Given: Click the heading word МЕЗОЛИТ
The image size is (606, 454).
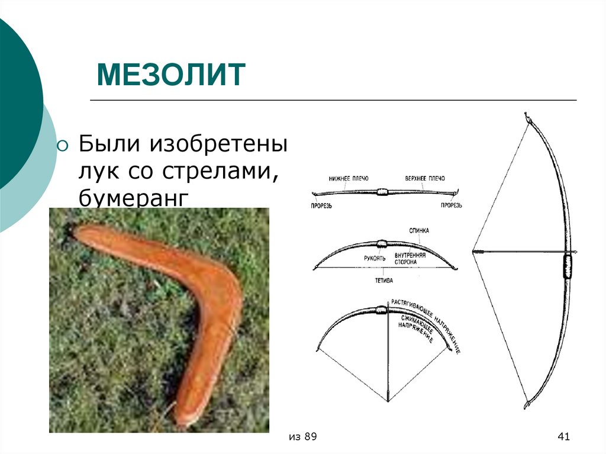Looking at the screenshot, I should click(x=171, y=75).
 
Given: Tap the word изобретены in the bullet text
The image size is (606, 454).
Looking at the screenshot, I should click(x=220, y=144).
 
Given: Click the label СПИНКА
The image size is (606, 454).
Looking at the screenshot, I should click(x=418, y=229).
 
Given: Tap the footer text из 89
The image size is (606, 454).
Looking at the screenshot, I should click(x=303, y=437).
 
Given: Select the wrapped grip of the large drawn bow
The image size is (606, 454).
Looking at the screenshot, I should click(x=569, y=266).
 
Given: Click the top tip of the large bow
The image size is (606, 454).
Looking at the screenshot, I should click(x=526, y=115).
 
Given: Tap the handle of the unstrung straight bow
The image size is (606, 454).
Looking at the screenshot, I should click(x=382, y=192).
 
